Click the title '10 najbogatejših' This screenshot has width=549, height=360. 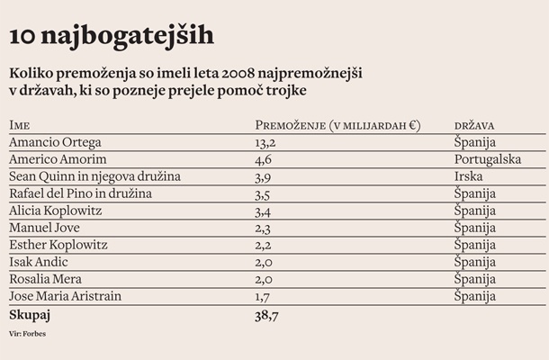click(x=112, y=35)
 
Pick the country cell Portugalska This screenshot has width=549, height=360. click(x=490, y=159)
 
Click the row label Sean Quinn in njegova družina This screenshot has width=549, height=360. click(x=94, y=176)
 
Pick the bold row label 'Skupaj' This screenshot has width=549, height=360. click(x=31, y=316)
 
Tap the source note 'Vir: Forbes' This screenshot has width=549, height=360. click(x=28, y=334)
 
